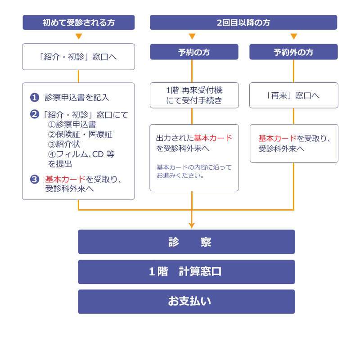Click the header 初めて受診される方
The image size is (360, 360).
[79, 22]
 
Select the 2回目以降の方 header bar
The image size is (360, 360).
[243, 22]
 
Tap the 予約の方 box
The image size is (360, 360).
[194, 52]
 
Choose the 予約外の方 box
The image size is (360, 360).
[293, 52]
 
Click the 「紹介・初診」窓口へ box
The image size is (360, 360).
[78, 57]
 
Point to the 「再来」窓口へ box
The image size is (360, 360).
[293, 95]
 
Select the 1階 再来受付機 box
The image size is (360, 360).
[194, 95]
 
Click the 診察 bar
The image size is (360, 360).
[186, 242]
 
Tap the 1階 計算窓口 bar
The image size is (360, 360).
[186, 272]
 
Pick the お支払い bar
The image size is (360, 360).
[186, 301]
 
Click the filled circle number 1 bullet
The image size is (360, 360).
[35, 97]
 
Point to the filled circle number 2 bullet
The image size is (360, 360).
[35, 114]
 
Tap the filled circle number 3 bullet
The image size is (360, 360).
[35, 179]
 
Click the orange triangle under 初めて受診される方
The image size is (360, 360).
[79, 36]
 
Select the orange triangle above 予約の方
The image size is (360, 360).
[192, 36]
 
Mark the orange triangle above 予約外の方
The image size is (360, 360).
[294, 36]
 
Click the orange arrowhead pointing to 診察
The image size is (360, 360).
[192, 225]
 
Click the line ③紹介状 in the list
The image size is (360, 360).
[64, 144]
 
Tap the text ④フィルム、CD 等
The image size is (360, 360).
[81, 154]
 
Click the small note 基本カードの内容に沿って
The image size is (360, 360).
[194, 167]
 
